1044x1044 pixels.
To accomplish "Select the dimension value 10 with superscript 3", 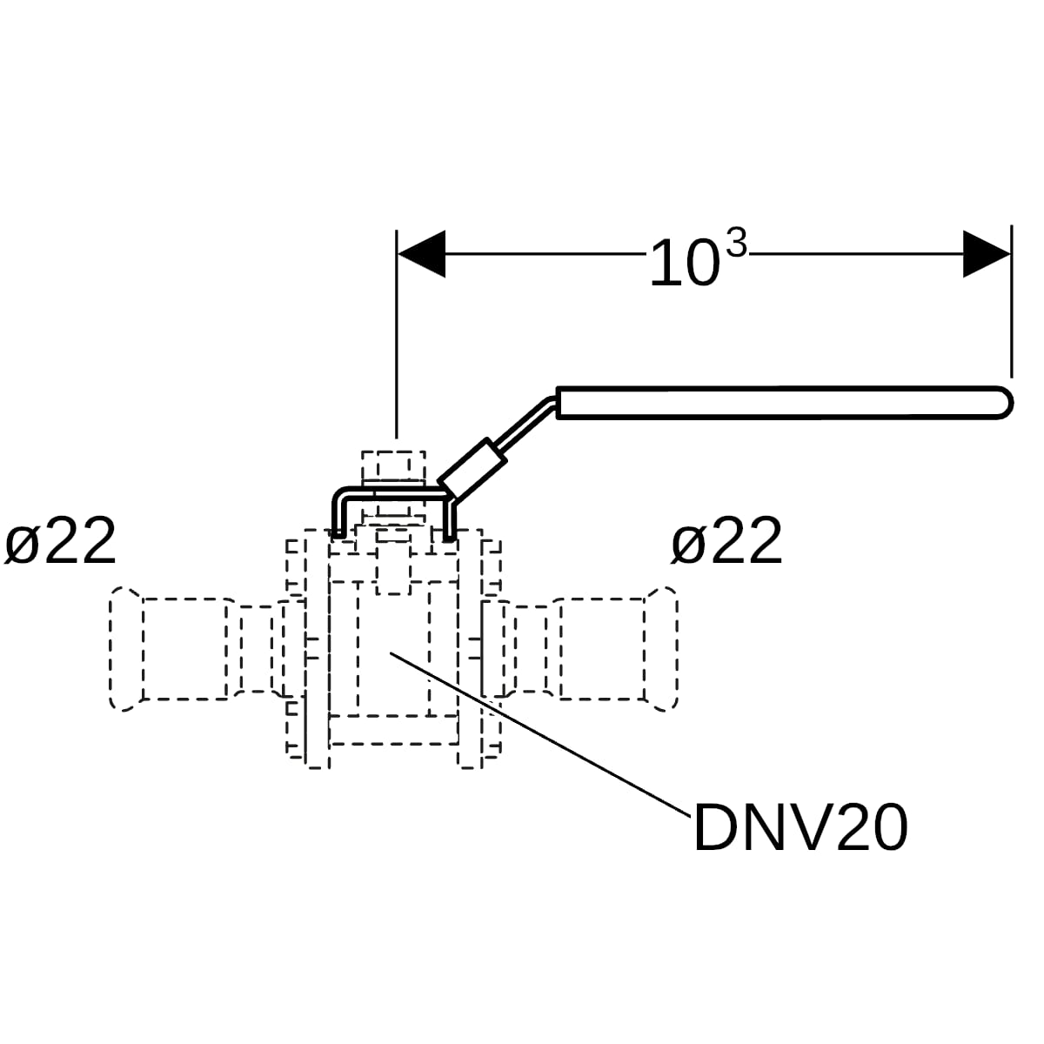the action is pos(699,258).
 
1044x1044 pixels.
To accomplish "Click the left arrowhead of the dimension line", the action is pos(421,253).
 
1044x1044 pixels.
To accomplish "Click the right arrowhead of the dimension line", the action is pos(987,253).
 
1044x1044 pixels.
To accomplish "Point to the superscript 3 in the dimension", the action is pos(737,244).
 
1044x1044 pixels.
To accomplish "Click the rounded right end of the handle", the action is pos(1004,403).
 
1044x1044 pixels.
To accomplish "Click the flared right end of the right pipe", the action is pos(661,648).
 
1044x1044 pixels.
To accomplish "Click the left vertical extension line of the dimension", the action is pos(397,334).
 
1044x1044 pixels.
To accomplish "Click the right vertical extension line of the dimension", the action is pos(1012,301).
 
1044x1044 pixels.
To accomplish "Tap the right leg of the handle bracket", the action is pos(449,518).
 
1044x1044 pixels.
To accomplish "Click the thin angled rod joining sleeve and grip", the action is pos(528,422).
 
